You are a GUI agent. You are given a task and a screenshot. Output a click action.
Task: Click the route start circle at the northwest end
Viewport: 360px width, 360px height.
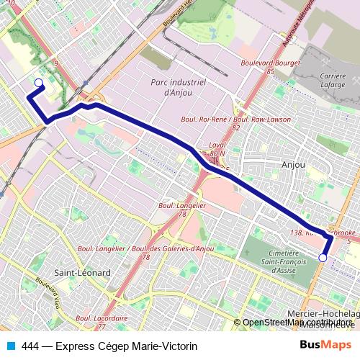coord(38,83)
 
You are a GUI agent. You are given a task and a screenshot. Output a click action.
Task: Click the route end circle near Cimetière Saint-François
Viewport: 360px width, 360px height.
coord(323,257)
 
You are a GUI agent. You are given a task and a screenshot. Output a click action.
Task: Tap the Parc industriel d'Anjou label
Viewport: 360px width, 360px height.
coord(180,87)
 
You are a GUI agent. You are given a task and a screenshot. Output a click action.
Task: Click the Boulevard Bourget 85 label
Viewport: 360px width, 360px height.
coord(270,67)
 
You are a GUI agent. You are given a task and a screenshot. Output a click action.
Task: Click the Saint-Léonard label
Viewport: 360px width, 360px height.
coord(82,274)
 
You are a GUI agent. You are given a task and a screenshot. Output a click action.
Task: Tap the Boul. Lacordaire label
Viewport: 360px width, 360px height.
coord(102,317)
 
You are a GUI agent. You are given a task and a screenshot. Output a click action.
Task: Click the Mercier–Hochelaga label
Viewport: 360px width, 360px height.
coord(323,314)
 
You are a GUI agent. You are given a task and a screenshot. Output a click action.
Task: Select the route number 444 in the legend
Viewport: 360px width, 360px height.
coord(30,346)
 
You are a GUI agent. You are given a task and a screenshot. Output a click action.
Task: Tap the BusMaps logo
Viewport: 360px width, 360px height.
coord(326,345)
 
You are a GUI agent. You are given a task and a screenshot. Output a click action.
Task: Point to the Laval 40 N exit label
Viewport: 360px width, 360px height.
coord(217,149)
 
